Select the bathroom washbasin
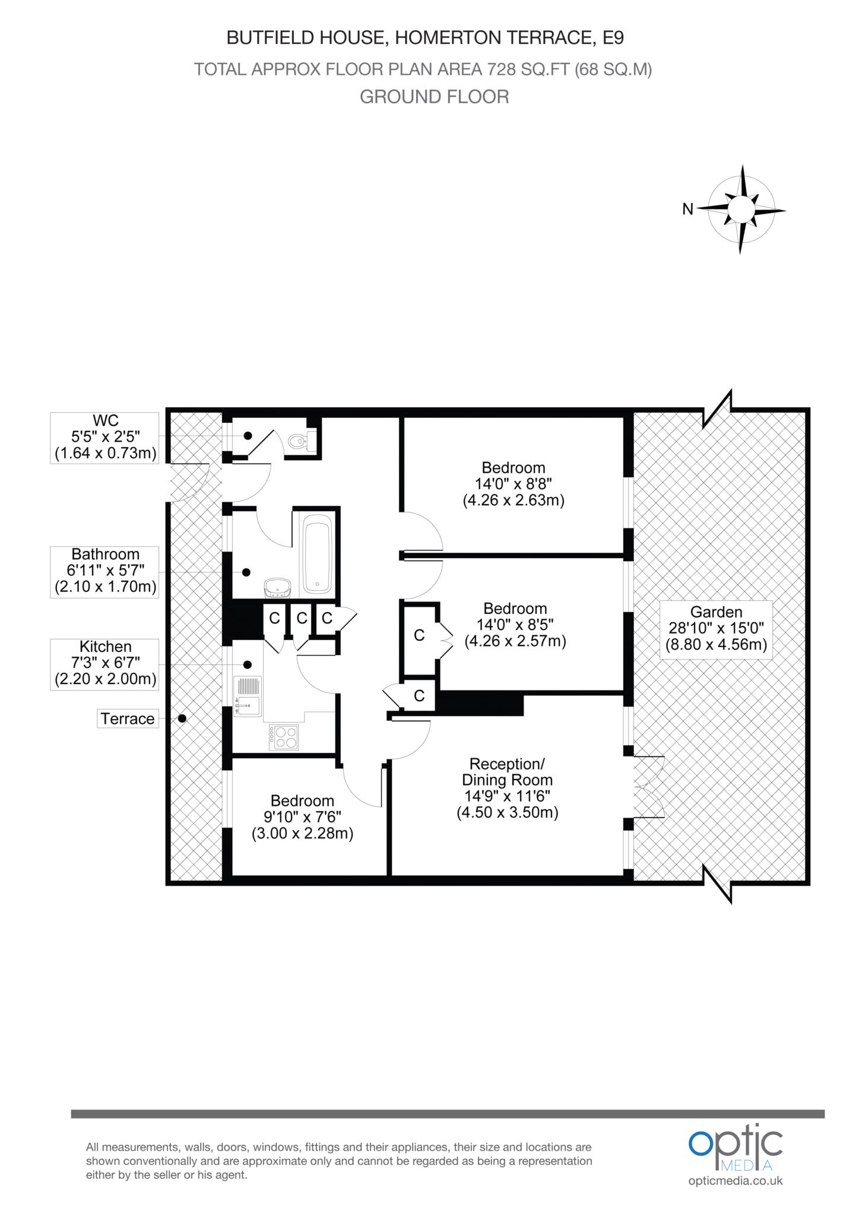click(277, 587)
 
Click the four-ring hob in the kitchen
click(284, 737)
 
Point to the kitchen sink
click(248, 696)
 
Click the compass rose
click(741, 209)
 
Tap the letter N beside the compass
click(687, 209)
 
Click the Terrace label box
click(128, 718)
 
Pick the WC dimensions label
click(105, 438)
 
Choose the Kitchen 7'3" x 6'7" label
click(105, 663)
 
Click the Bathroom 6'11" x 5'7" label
click(105, 571)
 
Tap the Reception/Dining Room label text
click(507, 787)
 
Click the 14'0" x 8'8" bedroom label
click(513, 483)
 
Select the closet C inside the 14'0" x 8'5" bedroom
click(419, 635)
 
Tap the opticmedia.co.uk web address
click(736, 1180)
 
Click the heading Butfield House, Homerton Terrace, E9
click(425, 38)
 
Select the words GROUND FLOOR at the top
click(435, 97)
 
